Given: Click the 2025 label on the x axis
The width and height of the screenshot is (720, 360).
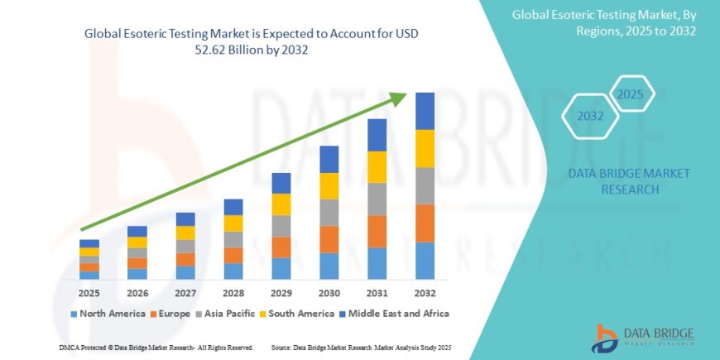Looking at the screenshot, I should point(89,292).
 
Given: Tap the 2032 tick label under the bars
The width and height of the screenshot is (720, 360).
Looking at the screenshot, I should point(425,292).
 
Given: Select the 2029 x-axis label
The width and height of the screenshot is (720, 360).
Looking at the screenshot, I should point(281,292).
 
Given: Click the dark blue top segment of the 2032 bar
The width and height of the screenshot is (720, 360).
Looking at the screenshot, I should point(425,111).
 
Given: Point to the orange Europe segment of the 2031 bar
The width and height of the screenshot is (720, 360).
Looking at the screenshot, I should point(377,231).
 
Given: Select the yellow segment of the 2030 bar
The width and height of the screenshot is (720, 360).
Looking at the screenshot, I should point(329,185).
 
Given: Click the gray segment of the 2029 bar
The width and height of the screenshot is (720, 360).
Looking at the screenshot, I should point(281,226).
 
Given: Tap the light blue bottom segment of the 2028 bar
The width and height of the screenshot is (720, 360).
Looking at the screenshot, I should point(233,271).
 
